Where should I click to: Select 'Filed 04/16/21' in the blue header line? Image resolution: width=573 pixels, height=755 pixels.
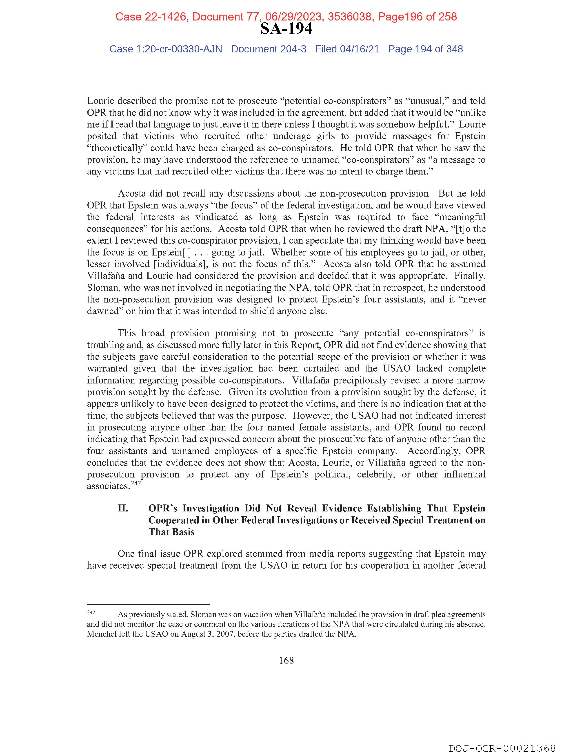pos(347,49)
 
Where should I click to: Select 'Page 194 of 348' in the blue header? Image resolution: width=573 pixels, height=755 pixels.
pos(425,49)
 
